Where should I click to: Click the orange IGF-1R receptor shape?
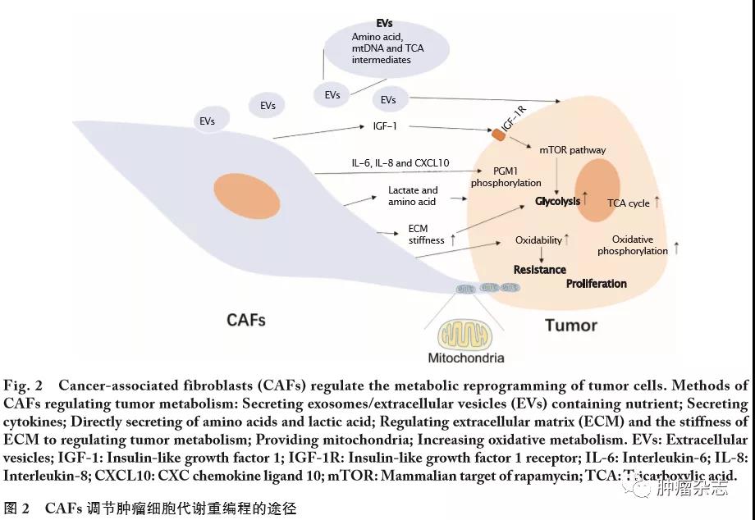coord(498,133)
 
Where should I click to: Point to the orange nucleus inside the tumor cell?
coord(597,190)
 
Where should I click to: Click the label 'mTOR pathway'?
coord(573,150)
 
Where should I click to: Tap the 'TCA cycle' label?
coord(628,203)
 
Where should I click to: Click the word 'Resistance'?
coord(539,269)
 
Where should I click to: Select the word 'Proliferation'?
coord(596,284)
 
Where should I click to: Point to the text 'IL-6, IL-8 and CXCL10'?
coord(400,164)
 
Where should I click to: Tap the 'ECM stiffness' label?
coord(427,234)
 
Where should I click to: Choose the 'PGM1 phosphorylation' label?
coord(506,176)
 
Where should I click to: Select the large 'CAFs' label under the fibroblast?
coord(246,318)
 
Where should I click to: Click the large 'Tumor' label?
coord(571,325)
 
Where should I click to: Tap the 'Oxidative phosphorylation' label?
coord(633,245)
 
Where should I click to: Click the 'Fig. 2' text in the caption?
coord(22,385)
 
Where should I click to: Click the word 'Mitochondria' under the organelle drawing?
coord(465,358)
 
